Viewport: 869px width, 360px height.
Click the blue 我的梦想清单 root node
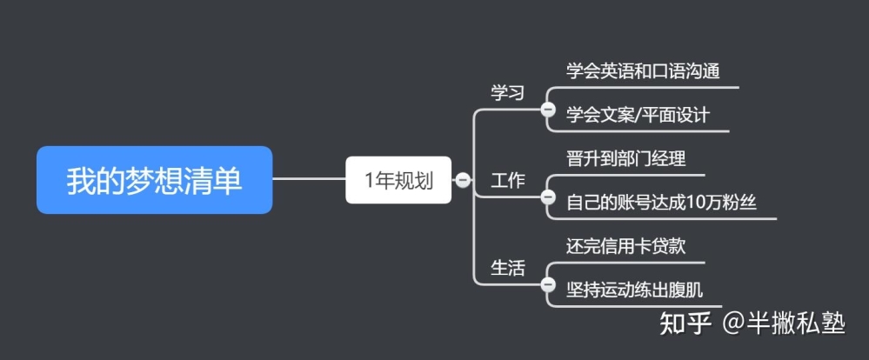click(x=154, y=180)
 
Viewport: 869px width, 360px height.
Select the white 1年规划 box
click(x=398, y=180)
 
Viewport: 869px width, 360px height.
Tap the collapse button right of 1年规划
click(x=462, y=180)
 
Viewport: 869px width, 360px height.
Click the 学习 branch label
click(x=508, y=92)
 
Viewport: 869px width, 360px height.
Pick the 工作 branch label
click(x=508, y=181)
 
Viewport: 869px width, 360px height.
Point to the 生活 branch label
click(x=508, y=268)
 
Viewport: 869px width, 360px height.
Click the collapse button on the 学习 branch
click(x=548, y=109)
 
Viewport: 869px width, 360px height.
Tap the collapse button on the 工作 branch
click(x=548, y=197)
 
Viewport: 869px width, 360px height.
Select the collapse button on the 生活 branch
click(x=548, y=284)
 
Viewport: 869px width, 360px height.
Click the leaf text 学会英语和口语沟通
click(x=643, y=71)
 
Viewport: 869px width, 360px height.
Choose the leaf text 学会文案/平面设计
click(x=638, y=115)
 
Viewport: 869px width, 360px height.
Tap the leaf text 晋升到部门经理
click(x=626, y=159)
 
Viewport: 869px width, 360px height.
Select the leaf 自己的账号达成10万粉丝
click(x=661, y=203)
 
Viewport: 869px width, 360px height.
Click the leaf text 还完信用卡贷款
click(x=626, y=246)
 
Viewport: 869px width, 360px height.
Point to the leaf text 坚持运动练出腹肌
click(x=634, y=290)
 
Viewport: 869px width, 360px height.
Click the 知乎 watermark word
click(x=685, y=323)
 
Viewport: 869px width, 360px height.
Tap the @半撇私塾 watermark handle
click(x=784, y=323)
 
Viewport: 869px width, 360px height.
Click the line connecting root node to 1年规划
click(x=310, y=179)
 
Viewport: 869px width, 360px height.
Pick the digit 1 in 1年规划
click(x=369, y=181)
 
